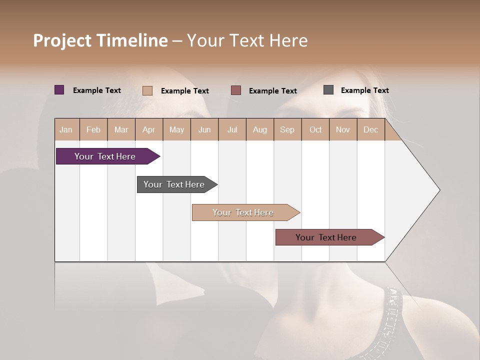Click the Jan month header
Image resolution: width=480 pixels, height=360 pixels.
pyautogui.click(x=66, y=129)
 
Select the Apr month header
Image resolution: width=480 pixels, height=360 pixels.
pyautogui.click(x=148, y=129)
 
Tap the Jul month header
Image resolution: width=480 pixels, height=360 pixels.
pyautogui.click(x=232, y=129)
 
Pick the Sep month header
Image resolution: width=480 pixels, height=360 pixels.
pyautogui.click(x=287, y=129)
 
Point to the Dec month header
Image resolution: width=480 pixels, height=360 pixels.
pyautogui.click(x=370, y=129)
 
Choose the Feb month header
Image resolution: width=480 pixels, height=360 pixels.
pyautogui.click(x=93, y=129)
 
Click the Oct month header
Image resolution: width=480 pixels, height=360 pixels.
pyautogui.click(x=315, y=129)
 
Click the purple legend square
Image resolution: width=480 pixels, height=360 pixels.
pyautogui.click(x=59, y=90)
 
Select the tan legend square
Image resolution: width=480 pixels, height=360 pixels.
pyautogui.click(x=147, y=90)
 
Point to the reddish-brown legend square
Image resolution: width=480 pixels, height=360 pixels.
pyautogui.click(x=236, y=90)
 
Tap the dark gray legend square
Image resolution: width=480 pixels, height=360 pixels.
pyautogui.click(x=328, y=90)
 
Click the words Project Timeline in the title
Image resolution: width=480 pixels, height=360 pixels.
pyautogui.click(x=100, y=40)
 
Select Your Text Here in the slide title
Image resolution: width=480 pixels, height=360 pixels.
pyautogui.click(x=247, y=40)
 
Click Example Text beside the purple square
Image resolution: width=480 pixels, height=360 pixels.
pyautogui.click(x=97, y=90)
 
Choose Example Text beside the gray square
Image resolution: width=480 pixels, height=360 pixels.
pyautogui.click(x=364, y=90)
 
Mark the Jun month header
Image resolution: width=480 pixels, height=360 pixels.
pyautogui.click(x=204, y=129)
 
